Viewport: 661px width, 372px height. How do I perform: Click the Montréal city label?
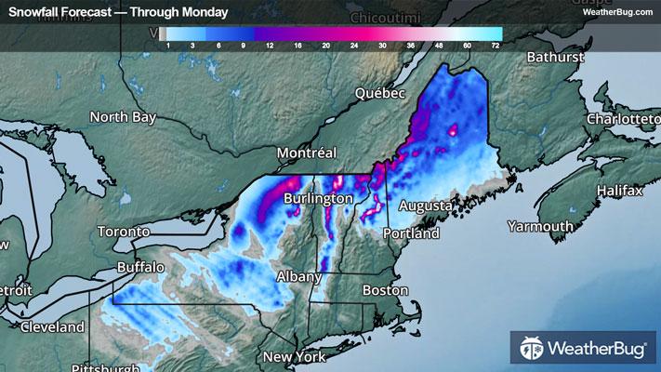(306, 153)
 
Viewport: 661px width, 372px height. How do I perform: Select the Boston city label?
(385, 290)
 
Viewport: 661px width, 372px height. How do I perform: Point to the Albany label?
(298, 276)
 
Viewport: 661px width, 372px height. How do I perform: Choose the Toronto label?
(124, 231)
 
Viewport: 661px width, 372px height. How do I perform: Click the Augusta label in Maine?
(426, 205)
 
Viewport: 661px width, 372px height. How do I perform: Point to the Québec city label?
(381, 94)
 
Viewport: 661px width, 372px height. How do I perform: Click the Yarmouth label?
(540, 226)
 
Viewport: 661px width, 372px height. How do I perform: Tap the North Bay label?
(123, 117)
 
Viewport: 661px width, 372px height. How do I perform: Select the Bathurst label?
(553, 58)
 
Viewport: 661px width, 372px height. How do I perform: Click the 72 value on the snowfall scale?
(496, 45)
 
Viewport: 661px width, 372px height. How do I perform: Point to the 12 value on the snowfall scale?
(268, 45)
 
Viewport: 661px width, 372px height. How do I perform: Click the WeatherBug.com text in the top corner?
(618, 12)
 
